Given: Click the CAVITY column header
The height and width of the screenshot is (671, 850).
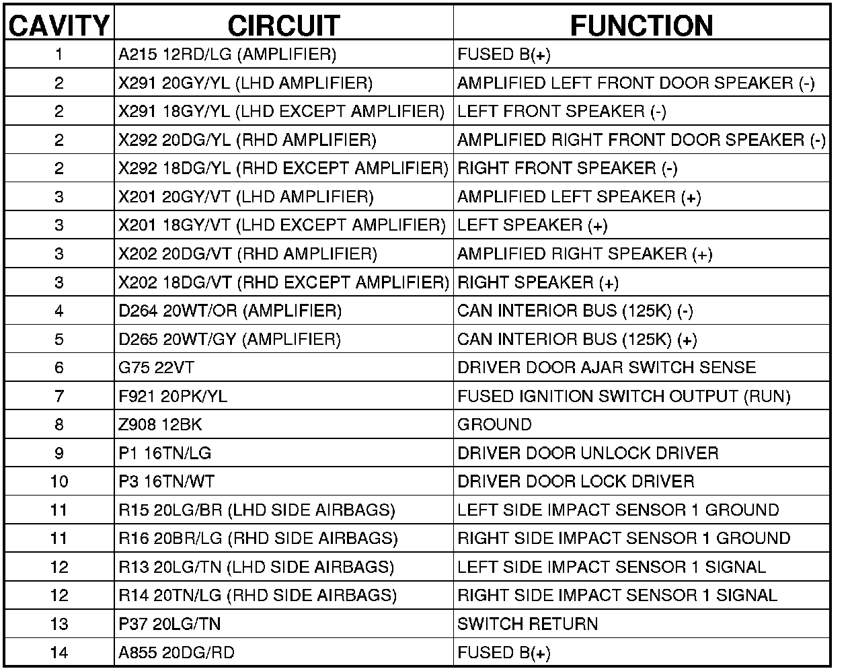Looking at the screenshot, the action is pos(59,26).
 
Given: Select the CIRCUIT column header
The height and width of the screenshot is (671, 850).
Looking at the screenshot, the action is pos(283,26).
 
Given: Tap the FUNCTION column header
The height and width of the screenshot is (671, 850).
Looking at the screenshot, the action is pos(642,26).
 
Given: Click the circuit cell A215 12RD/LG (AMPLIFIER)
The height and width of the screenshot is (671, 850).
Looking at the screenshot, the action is pos(227,54).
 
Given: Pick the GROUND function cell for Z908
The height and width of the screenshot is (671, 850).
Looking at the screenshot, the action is pos(494,424).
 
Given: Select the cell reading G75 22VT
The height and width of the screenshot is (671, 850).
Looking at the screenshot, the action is pos(157,368).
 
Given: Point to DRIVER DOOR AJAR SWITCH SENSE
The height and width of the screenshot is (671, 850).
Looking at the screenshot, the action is pos(607,368).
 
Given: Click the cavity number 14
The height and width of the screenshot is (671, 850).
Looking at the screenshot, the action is pos(59,652).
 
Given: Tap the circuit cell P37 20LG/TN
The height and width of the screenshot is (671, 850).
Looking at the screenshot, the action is pos(169,624).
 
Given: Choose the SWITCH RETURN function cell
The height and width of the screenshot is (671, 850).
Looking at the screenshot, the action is pos(527,624).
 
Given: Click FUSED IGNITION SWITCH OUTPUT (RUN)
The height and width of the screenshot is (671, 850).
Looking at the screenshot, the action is pos(623,396).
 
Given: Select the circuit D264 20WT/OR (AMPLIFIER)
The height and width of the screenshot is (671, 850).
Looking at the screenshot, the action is pos(230,311).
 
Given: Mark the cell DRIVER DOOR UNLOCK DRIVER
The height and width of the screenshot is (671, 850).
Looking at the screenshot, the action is pos(588,453).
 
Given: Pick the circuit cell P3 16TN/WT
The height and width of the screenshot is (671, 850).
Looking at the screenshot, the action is pos(167,481).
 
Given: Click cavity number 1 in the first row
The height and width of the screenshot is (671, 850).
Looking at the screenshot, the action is pos(59,54).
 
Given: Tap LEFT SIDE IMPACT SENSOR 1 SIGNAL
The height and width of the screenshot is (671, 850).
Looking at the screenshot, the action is pos(611,567).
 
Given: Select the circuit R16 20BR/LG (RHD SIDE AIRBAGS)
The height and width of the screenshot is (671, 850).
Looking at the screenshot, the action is pos(258,539).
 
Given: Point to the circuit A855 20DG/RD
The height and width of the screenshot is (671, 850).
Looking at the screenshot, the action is pos(176,652).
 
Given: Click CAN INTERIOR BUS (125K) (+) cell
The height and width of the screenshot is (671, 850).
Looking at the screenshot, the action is pos(577,340).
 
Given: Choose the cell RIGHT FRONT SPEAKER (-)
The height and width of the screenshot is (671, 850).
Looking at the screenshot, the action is pos(567,168).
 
